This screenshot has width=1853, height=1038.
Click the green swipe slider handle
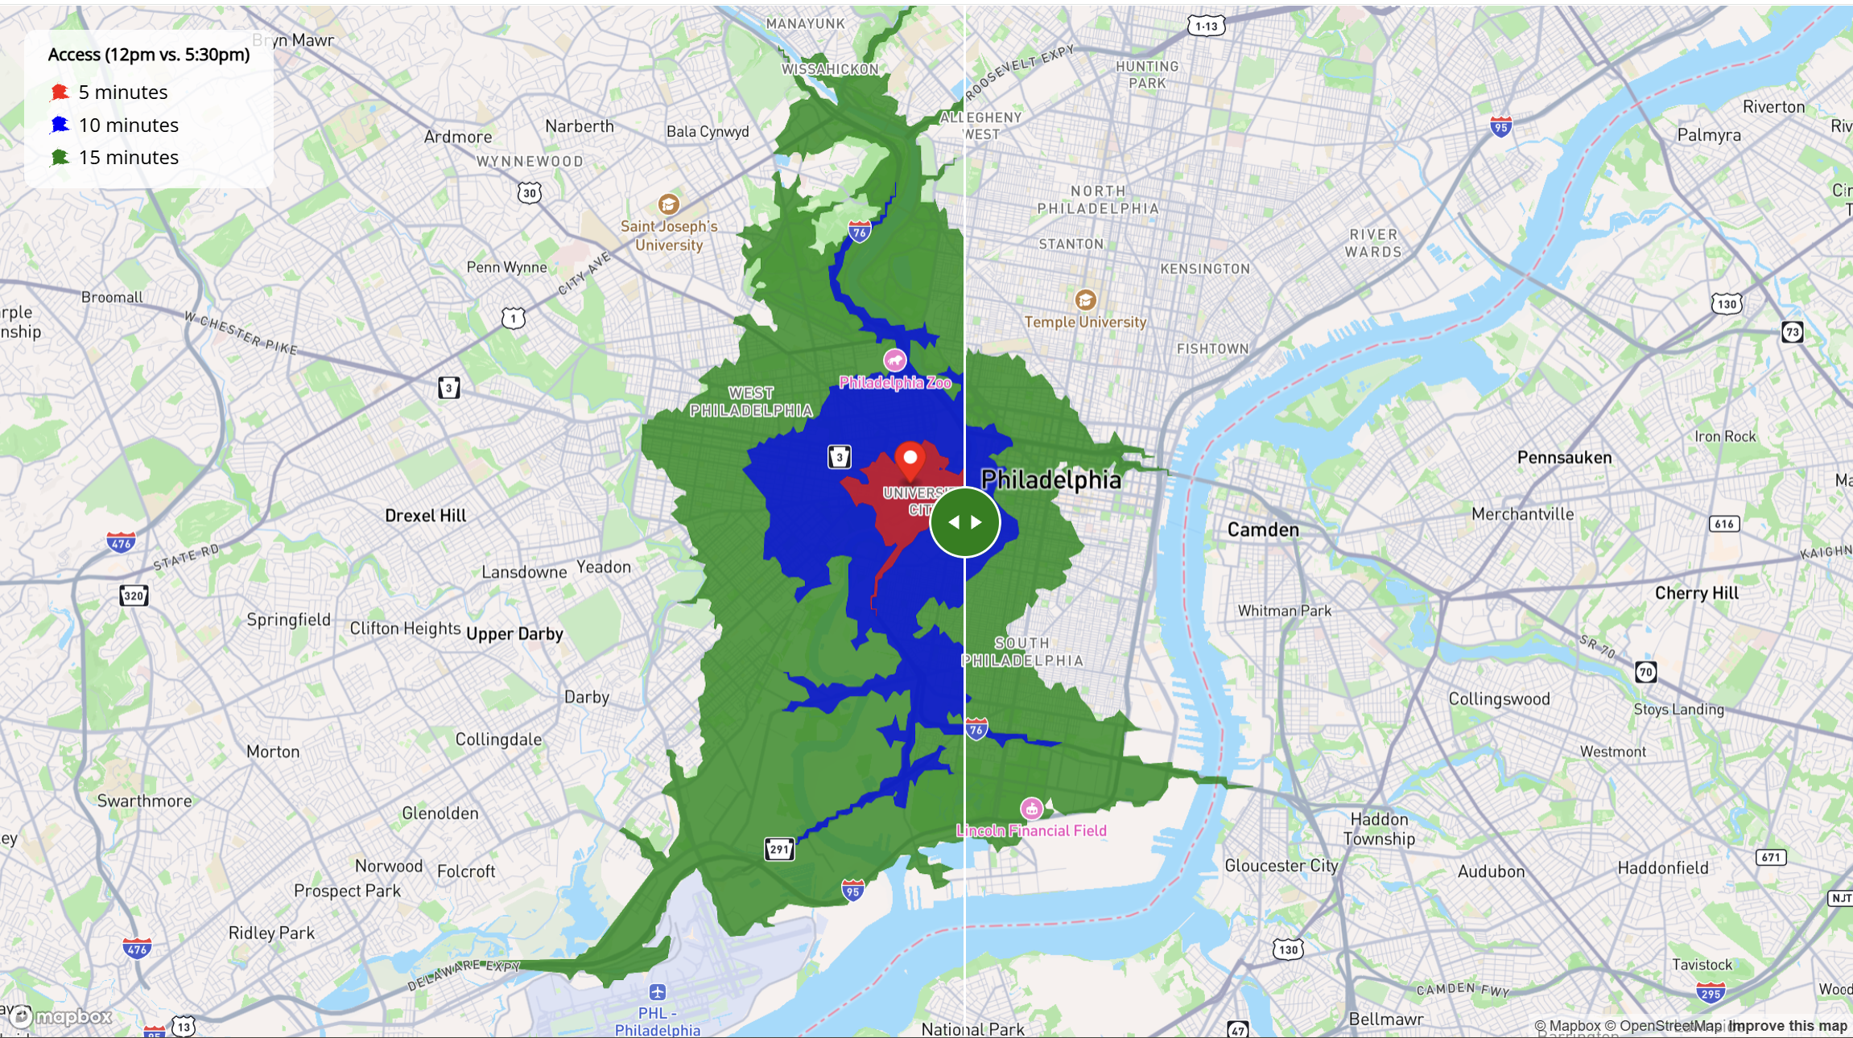(x=964, y=522)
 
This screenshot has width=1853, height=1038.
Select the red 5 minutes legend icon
(x=60, y=93)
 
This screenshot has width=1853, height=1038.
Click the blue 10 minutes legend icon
(x=60, y=125)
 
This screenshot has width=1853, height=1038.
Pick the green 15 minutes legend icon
(x=60, y=157)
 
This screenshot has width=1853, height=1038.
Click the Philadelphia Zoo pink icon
(x=895, y=360)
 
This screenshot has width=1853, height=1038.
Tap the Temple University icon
(x=1085, y=300)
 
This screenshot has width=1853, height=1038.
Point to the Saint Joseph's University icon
(x=668, y=204)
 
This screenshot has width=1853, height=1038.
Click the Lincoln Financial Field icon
(x=1031, y=809)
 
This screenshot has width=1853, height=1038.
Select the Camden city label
(x=1263, y=529)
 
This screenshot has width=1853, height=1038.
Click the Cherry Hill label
(x=1697, y=593)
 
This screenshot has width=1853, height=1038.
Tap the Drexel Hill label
(x=425, y=516)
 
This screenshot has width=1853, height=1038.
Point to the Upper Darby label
(x=514, y=634)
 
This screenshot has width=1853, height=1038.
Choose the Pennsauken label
(x=1564, y=458)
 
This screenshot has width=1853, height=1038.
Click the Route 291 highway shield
(x=779, y=849)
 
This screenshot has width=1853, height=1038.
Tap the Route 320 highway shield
(x=134, y=595)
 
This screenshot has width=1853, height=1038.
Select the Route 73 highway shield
(x=1792, y=332)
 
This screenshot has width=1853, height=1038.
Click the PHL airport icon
(x=658, y=992)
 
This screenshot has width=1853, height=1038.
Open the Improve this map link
(x=1788, y=1026)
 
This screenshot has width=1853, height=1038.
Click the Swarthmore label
(x=145, y=801)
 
